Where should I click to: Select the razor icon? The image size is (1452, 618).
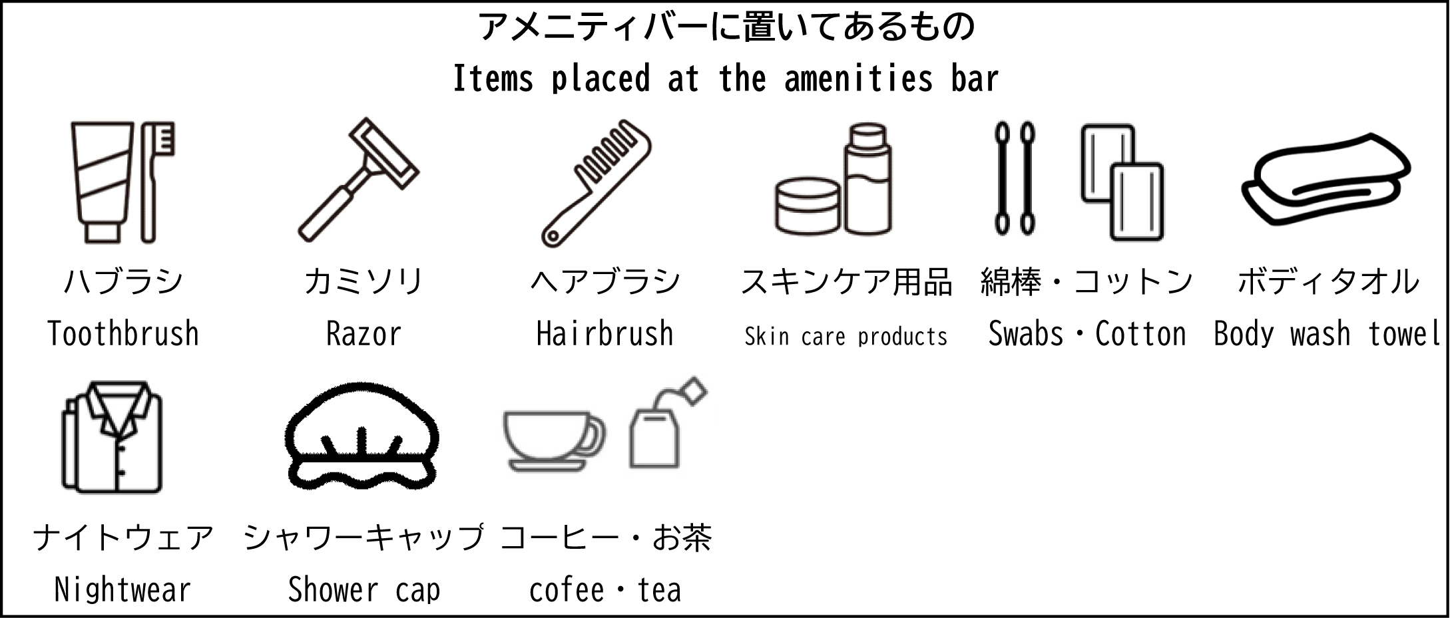[358, 180]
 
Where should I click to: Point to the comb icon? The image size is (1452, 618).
[596, 183]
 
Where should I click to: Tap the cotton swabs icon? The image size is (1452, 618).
[1015, 178]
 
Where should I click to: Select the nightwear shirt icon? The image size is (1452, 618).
[113, 436]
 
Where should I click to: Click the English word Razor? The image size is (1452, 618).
[363, 334]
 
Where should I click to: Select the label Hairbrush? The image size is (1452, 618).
[605, 333]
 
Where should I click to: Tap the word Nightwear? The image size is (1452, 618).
[122, 590]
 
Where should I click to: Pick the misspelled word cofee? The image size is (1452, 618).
[567, 590]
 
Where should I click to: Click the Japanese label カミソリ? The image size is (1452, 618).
[363, 281]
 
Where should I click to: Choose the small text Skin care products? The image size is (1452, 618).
[846, 337]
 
